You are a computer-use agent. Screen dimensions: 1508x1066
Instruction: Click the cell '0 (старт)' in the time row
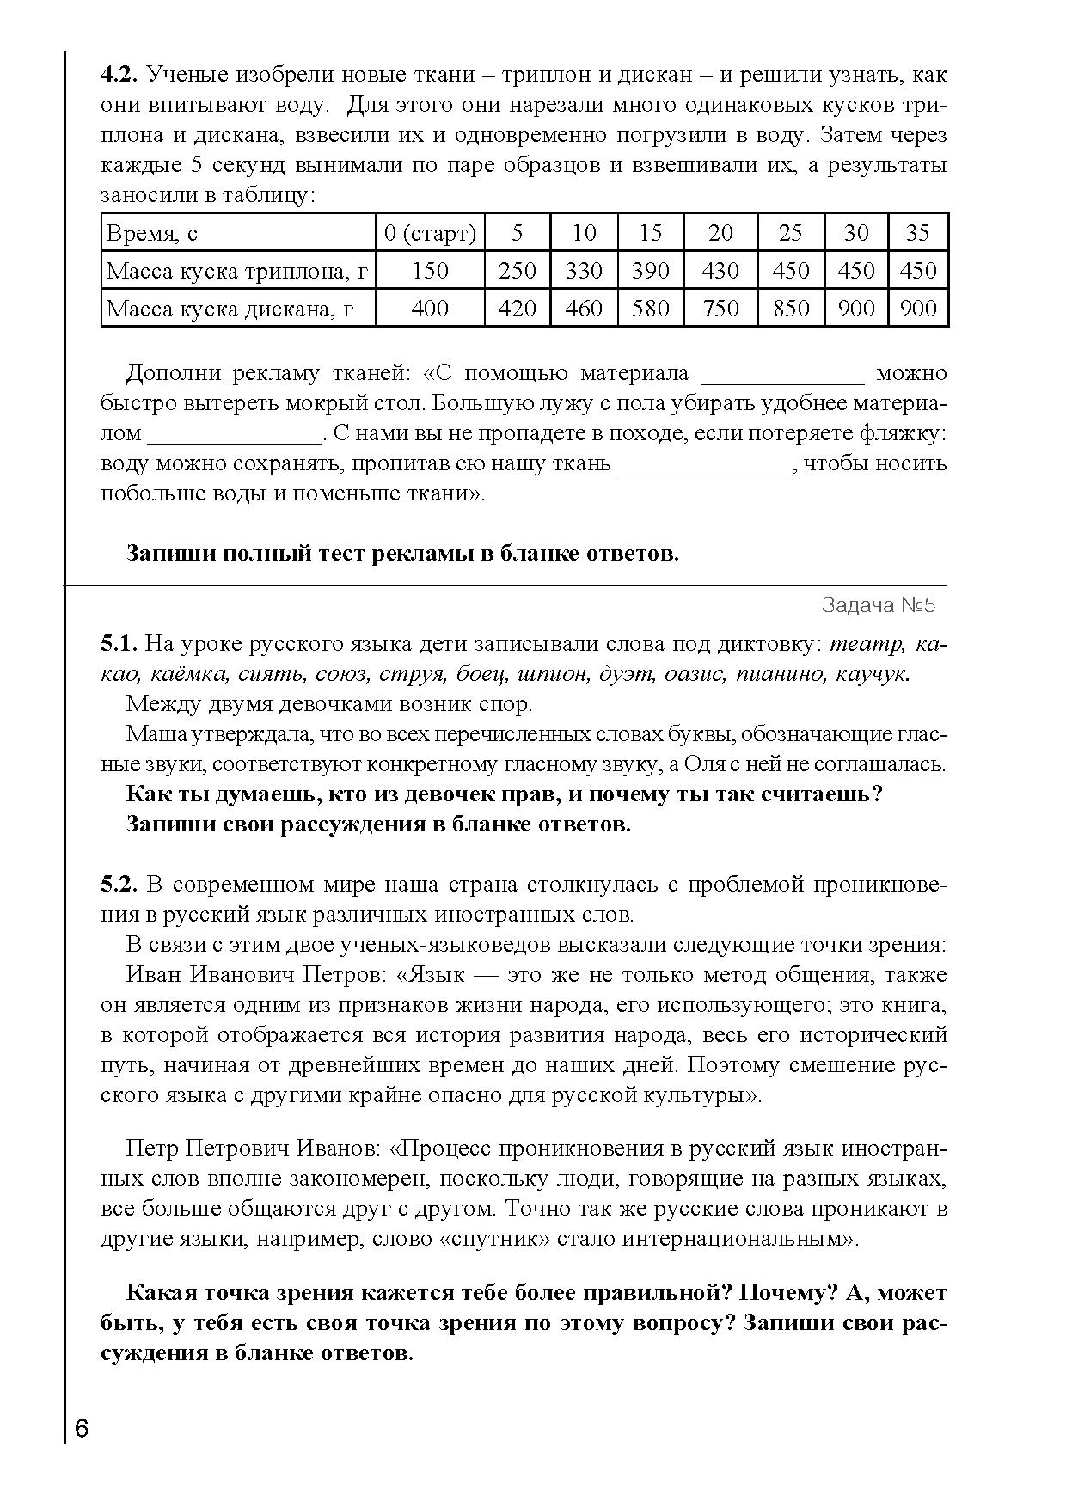(430, 233)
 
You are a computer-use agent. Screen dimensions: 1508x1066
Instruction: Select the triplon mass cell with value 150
(430, 271)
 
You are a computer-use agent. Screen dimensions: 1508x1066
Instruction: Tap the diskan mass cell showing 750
(720, 308)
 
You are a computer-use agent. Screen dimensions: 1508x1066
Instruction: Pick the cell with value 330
(584, 271)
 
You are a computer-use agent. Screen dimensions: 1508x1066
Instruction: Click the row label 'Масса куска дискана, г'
(230, 308)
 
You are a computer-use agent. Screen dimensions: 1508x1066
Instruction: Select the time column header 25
(790, 233)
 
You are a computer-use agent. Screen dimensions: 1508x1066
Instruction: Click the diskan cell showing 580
(650, 308)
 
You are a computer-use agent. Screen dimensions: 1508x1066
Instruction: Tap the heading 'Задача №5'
(878, 605)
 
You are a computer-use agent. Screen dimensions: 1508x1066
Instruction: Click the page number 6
(82, 1430)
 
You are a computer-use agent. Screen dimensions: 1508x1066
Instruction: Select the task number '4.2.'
(119, 75)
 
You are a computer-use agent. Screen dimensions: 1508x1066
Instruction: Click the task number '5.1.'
(119, 644)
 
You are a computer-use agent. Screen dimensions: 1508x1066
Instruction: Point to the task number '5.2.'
(119, 885)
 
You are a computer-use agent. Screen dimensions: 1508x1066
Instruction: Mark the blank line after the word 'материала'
(783, 375)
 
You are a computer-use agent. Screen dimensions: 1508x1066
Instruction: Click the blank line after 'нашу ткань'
(704, 465)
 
